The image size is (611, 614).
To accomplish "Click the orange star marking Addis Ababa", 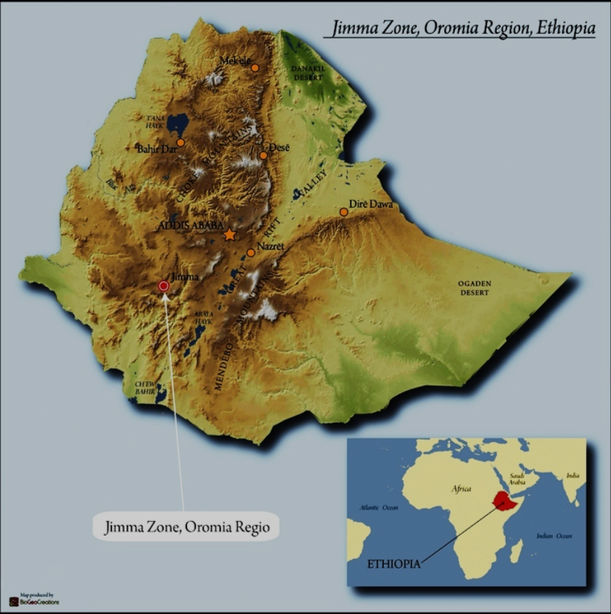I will (230, 235).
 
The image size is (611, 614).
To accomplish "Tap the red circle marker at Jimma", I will (164, 286).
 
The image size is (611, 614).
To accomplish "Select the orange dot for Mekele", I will (255, 67).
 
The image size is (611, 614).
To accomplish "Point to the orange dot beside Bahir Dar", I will (180, 142).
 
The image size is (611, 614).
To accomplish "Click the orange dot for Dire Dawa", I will (343, 211).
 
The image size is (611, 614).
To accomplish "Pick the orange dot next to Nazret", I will (250, 253).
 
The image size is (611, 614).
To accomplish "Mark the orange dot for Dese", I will (264, 156).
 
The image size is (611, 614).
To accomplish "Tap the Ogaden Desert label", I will (475, 288).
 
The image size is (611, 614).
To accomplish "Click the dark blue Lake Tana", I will (178, 125).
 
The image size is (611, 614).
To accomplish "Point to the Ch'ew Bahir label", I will (145, 387).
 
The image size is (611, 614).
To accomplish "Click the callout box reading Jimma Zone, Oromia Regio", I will (186, 527).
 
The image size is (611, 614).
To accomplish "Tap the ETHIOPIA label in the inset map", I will (394, 564).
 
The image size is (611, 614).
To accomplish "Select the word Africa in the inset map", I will (460, 489).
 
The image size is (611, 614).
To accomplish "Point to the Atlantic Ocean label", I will (378, 507).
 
